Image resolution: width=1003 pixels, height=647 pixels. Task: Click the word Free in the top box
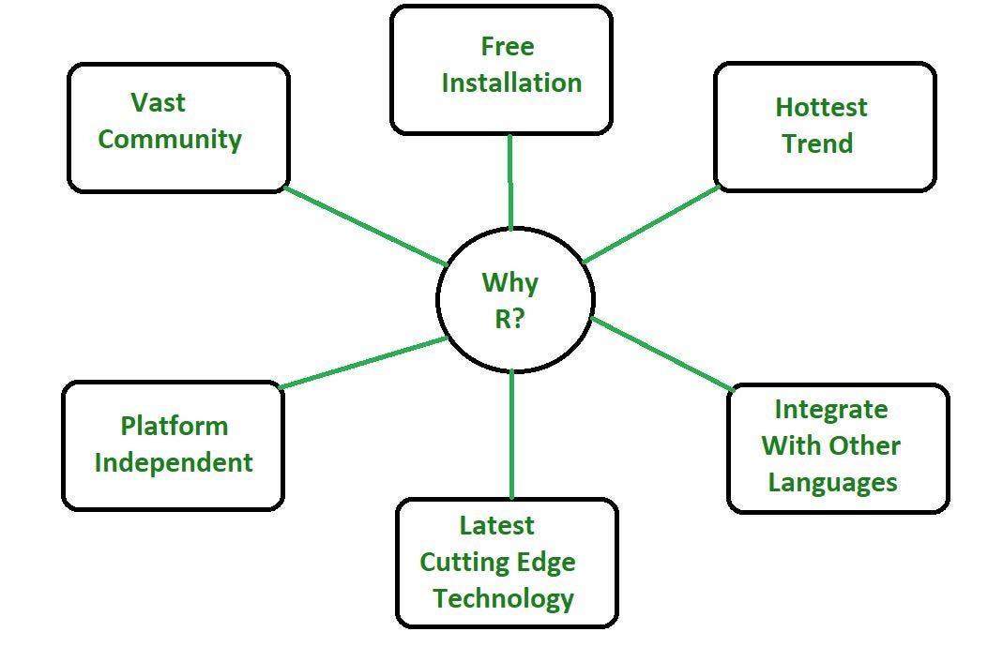pyautogui.click(x=507, y=46)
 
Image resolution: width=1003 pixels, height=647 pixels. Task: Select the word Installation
pyautogui.click(x=511, y=83)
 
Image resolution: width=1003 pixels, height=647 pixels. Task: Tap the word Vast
pyautogui.click(x=158, y=101)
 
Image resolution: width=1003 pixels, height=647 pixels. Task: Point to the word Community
pyautogui.click(x=170, y=139)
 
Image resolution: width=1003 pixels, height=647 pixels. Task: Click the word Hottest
pyautogui.click(x=821, y=107)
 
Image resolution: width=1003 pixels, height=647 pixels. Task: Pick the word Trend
pyautogui.click(x=817, y=143)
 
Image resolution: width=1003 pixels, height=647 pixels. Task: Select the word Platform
pyautogui.click(x=174, y=426)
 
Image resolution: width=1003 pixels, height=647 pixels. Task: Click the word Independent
pyautogui.click(x=174, y=462)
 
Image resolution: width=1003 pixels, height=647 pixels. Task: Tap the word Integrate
pyautogui.click(x=830, y=410)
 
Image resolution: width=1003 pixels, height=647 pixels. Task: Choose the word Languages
pyautogui.click(x=832, y=483)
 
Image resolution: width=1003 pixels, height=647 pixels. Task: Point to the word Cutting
pyautogui.click(x=453, y=563)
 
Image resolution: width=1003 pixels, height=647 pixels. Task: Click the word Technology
pyautogui.click(x=503, y=598)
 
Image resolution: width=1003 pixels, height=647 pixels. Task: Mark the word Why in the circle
pyautogui.click(x=509, y=282)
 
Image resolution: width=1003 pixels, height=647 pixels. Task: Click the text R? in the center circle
pyautogui.click(x=509, y=319)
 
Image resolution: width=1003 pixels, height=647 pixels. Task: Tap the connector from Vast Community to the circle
pyautogui.click(x=366, y=227)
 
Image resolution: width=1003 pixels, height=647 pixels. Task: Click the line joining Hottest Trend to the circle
pyautogui.click(x=650, y=224)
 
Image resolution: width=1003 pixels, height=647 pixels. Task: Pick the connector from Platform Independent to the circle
pyautogui.click(x=364, y=363)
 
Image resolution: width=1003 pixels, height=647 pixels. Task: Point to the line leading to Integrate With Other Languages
pyautogui.click(x=662, y=354)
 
